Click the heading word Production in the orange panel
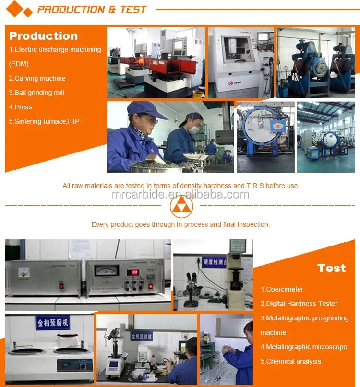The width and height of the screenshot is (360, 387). tap(43, 36)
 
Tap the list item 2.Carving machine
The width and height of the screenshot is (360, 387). tap(37, 78)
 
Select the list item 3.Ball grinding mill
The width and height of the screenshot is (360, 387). tap(36, 93)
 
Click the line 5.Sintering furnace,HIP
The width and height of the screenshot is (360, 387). tap(44, 121)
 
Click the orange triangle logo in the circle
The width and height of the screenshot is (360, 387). tap(181, 207)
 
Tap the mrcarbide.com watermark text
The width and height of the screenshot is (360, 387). tap(180, 194)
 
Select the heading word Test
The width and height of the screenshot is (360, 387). tap(331, 268)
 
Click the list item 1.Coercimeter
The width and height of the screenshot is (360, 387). tap(282, 289)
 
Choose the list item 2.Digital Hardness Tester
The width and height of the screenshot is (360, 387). tap(299, 304)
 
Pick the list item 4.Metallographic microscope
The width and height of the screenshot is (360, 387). tap(304, 347)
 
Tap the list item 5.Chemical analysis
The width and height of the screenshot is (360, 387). tap(291, 361)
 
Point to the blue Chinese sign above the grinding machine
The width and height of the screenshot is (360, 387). tap(53, 323)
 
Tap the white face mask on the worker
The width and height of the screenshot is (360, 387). tap(193, 129)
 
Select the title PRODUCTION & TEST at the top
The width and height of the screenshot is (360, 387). tap(92, 10)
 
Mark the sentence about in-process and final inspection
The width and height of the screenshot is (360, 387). tap(180, 224)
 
